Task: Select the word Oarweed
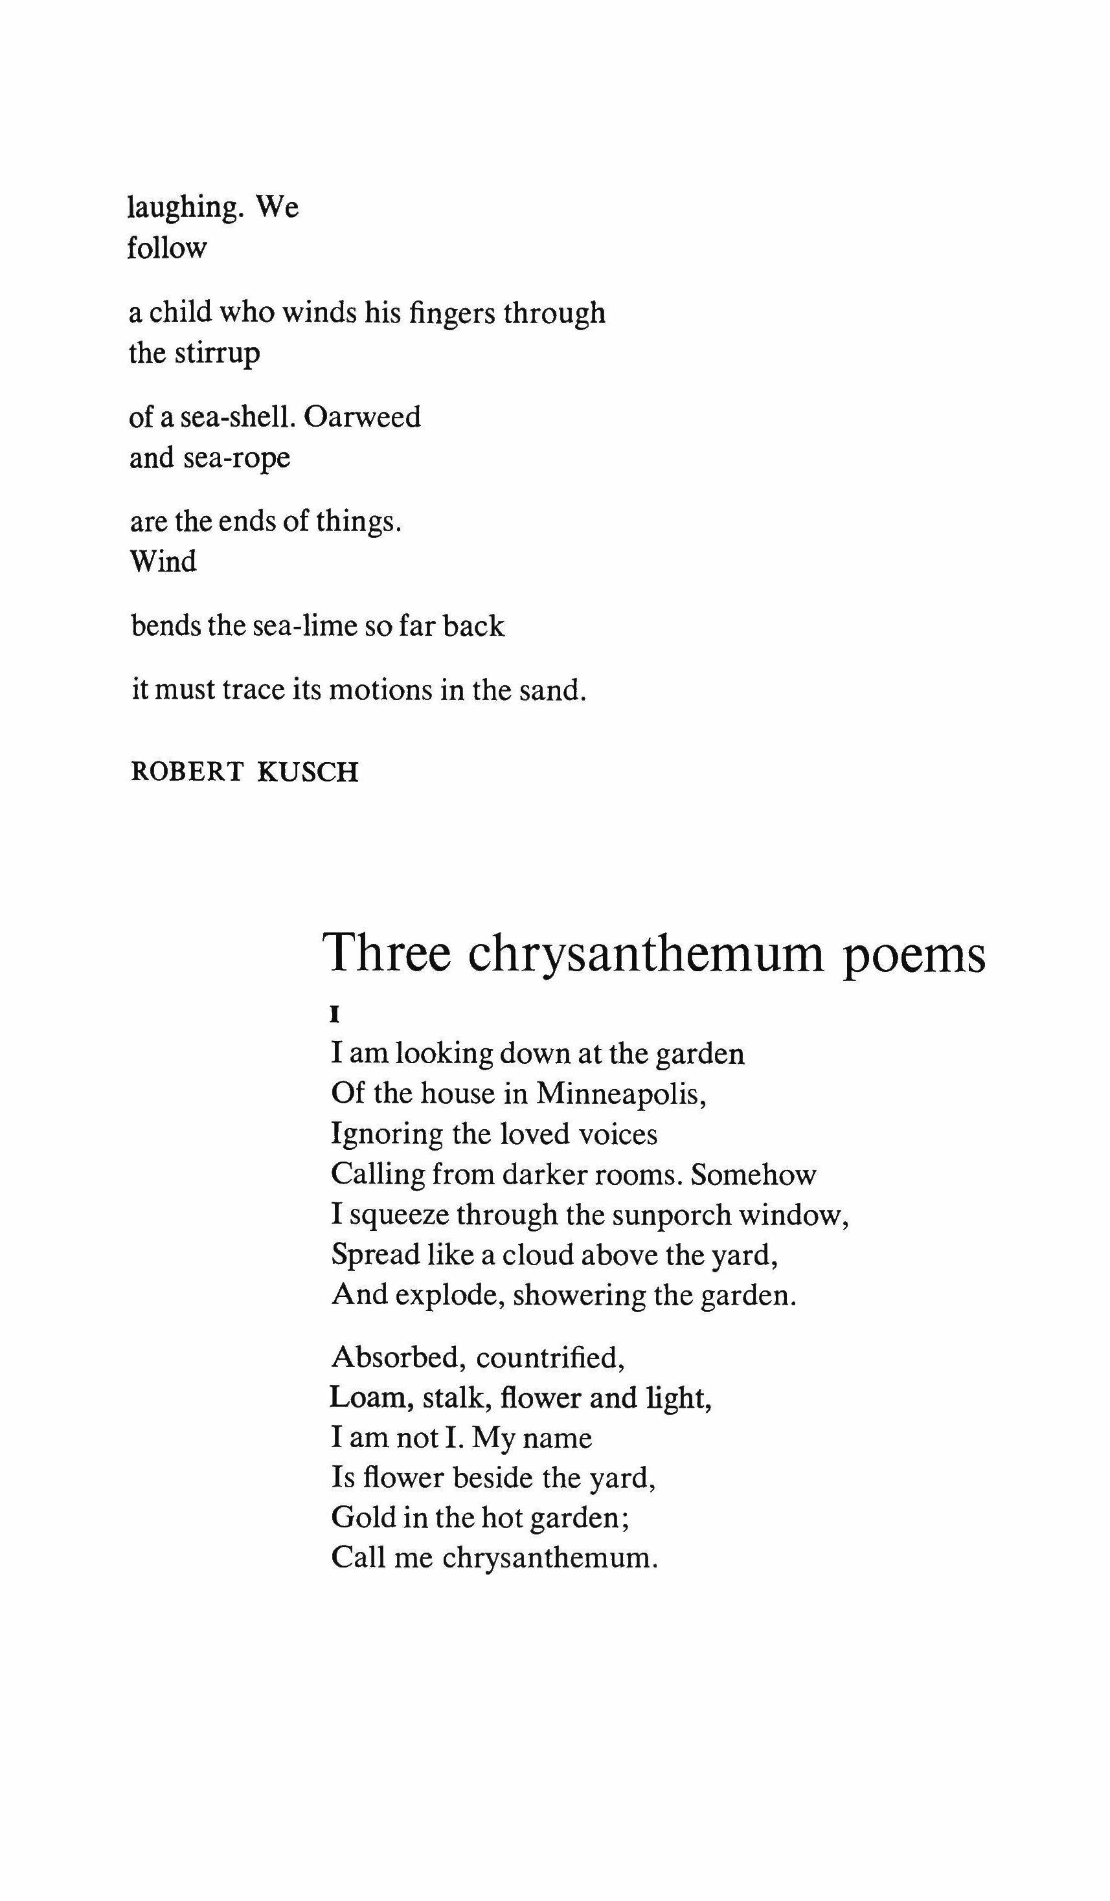(x=362, y=416)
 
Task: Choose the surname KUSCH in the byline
(x=307, y=772)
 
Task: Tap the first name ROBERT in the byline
(x=187, y=772)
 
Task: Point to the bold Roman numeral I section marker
(x=335, y=1015)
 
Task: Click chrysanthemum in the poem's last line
(x=549, y=1558)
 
